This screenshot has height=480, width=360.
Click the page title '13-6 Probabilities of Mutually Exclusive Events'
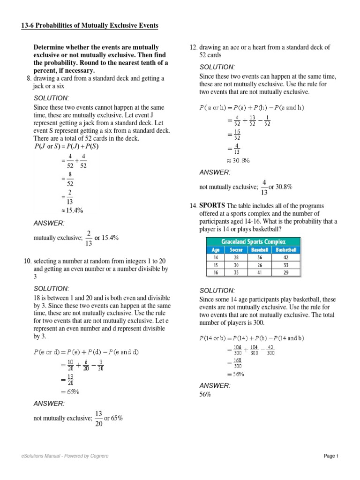(90, 25)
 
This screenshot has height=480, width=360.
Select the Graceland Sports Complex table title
(253, 242)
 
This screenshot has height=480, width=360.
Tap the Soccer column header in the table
(236, 250)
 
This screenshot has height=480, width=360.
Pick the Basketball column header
(286, 250)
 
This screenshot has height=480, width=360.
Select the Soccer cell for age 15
(236, 264)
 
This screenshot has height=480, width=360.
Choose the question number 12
(193, 47)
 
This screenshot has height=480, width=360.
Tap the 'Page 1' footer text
(331, 456)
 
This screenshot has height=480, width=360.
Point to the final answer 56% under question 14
(205, 395)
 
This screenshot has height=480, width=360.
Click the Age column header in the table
(216, 250)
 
